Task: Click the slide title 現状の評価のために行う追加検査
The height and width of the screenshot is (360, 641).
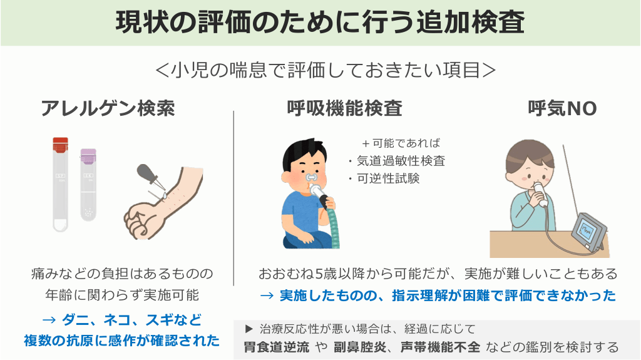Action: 320,23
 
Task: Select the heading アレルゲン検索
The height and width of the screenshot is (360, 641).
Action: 108,108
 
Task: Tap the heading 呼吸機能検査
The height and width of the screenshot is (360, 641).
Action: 345,108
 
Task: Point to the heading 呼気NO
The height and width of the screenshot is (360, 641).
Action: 563,108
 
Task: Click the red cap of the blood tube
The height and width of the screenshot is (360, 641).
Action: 61,145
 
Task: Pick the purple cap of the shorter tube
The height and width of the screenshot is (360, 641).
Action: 88,155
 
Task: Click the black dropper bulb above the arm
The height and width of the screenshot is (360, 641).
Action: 145,171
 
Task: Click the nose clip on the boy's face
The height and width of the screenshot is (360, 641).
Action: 311,178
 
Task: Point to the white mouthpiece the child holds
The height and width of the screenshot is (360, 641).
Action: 540,193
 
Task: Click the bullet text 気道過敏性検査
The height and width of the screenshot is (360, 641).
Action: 401,161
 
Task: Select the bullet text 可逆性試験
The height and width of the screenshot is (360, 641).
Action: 388,178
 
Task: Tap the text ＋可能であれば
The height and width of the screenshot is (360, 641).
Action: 401,143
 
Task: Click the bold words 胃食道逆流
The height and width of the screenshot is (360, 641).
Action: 276,347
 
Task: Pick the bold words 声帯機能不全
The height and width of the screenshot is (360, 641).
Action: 440,347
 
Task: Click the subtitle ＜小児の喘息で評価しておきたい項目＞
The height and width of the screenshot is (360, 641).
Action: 326,69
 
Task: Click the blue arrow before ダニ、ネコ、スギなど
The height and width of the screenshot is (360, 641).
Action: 49,320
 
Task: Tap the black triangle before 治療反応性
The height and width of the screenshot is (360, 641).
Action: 249,329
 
